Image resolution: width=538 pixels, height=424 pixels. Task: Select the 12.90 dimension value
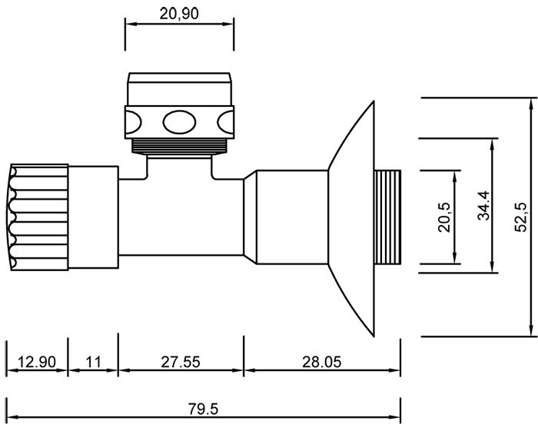pyautogui.click(x=36, y=361)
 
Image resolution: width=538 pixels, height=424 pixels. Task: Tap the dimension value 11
pyautogui.click(x=93, y=361)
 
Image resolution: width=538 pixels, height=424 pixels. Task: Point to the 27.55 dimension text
pyautogui.click(x=180, y=361)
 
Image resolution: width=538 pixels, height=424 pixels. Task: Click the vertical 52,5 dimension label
pyautogui.click(x=521, y=217)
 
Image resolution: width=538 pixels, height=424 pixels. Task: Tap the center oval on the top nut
pyautogui.click(x=180, y=121)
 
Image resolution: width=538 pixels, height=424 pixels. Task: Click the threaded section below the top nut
pyautogui.click(x=180, y=146)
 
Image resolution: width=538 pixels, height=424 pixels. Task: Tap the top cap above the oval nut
pyautogui.click(x=180, y=88)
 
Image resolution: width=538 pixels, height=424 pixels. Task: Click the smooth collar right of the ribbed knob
pyautogui.click(x=93, y=217)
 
